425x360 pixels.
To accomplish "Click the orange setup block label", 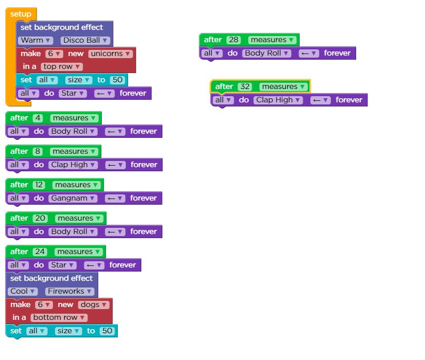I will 21,14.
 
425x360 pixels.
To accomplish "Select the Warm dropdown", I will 35,40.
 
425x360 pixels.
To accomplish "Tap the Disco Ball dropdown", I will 85,40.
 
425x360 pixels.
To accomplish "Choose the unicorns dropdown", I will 110,53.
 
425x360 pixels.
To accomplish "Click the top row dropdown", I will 62,67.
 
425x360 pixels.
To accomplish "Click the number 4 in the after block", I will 38,118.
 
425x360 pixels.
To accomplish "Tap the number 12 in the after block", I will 39,185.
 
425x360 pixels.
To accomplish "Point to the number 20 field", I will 40,218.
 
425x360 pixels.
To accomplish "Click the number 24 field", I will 40,251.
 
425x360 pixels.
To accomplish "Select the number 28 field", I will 233,40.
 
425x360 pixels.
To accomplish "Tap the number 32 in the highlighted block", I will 245,86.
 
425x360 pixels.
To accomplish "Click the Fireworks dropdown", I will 69,291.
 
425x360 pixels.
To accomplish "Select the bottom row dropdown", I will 59,317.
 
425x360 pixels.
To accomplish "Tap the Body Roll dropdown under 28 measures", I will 267,53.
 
